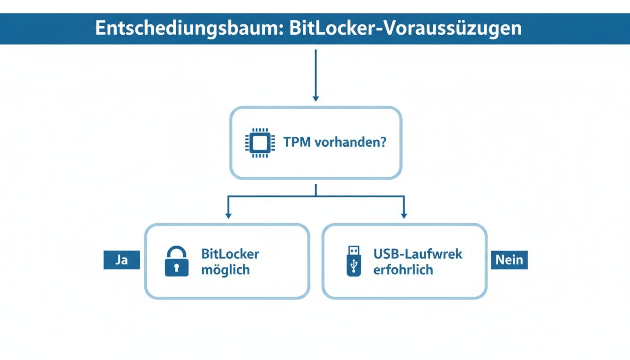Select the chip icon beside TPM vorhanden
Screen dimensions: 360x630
(257, 142)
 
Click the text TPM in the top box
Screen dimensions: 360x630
(296, 142)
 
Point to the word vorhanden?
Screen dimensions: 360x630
(351, 142)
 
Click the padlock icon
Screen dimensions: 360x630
(177, 262)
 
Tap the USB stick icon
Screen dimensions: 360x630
(354, 261)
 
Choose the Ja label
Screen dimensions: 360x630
(121, 260)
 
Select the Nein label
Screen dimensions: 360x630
(509, 260)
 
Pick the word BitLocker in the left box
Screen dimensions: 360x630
(230, 254)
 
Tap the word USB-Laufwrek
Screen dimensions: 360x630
(418, 254)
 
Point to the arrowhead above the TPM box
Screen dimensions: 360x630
(315, 98)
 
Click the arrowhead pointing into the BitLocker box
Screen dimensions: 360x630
(228, 215)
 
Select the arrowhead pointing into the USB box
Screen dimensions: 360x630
(404, 215)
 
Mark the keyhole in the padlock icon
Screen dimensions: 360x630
(177, 268)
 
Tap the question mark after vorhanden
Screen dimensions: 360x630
(382, 142)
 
